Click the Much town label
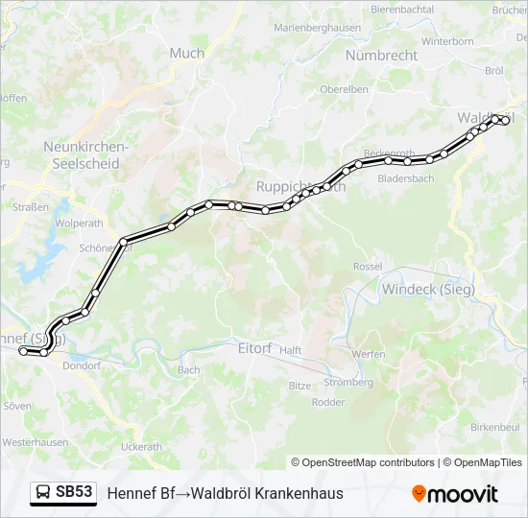coord(186,54)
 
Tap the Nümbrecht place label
coord(381,56)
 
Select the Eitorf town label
coord(254,348)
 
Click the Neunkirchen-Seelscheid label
coord(85,155)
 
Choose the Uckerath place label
coord(141,447)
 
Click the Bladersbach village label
coord(406,178)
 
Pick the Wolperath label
coord(79,223)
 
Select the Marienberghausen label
coord(317,28)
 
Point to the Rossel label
coord(368,266)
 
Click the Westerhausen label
coord(34,443)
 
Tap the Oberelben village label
coord(344,89)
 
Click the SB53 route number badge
coord(74,492)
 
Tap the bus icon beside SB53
coord(43,493)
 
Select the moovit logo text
coord(462,494)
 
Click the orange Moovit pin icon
coord(419,493)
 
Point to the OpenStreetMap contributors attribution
coord(363,462)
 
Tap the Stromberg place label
coord(348,382)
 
